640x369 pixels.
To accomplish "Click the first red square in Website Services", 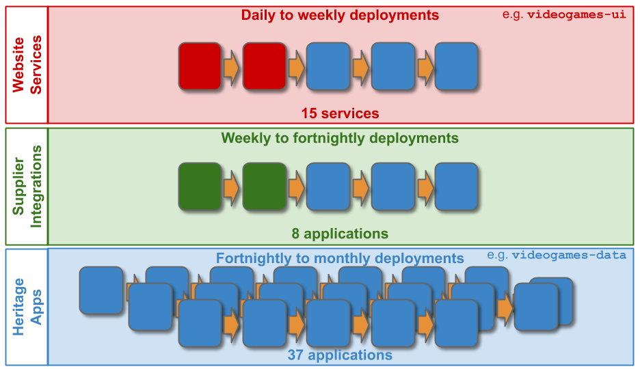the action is point(200,66).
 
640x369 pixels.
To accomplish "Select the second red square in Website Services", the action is point(264,66).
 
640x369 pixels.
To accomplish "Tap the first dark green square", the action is point(200,187).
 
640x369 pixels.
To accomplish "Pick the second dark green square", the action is point(264,187).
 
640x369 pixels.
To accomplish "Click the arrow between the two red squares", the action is point(231,67).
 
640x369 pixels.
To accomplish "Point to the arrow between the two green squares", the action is point(231,187).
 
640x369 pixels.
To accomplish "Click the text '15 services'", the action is point(340,113).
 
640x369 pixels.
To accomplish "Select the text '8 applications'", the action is point(340,234).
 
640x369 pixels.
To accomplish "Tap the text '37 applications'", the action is point(340,355).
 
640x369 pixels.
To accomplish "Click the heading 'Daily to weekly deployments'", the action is point(340,16).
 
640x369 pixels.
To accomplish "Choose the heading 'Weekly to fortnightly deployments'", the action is point(340,138).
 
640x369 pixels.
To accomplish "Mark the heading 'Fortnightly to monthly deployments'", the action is point(340,258).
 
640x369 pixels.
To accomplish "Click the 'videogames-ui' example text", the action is point(564,14).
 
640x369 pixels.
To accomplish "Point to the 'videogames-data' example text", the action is point(557,256).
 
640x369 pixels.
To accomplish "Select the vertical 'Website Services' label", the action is point(27,65).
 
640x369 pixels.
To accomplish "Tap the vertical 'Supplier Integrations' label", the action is point(27,187).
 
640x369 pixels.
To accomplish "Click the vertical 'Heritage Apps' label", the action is point(27,307).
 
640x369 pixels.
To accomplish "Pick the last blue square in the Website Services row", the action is point(456,66).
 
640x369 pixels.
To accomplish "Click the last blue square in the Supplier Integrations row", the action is point(456,187).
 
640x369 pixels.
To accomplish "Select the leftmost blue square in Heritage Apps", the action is point(101,290).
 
